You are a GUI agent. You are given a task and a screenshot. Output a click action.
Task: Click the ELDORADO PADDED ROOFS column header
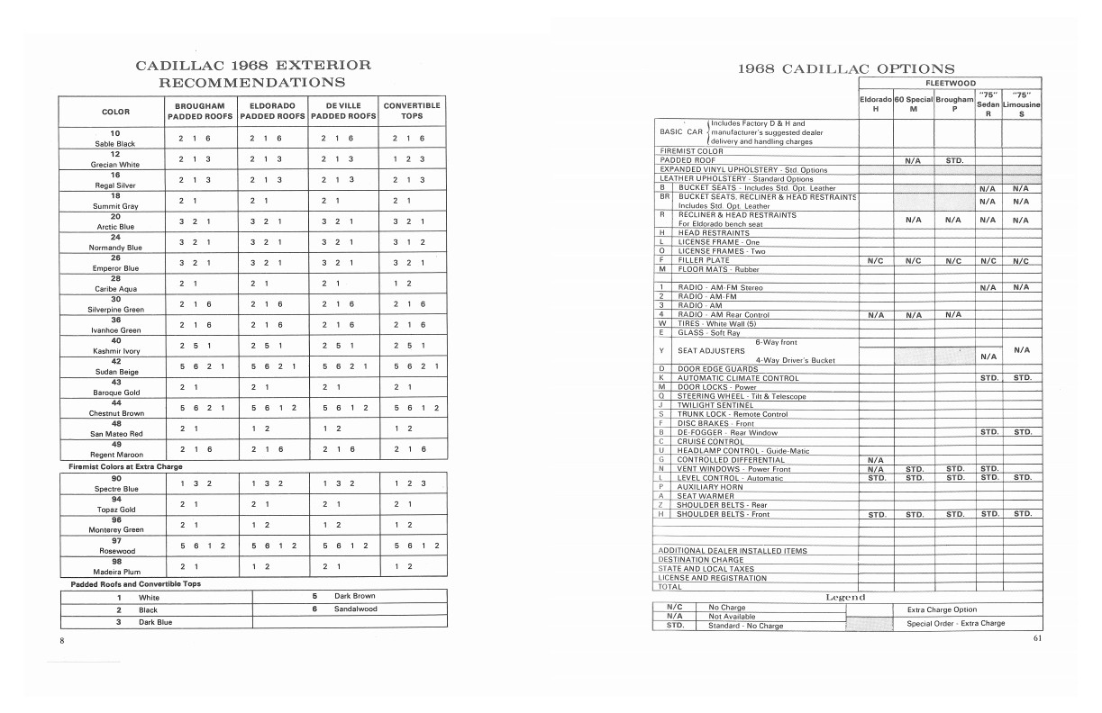tap(273, 111)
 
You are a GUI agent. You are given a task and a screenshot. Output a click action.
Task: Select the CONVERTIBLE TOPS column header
tap(412, 111)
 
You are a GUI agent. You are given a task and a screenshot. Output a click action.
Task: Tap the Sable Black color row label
tap(114, 143)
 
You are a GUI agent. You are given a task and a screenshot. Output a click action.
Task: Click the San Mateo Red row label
tap(114, 433)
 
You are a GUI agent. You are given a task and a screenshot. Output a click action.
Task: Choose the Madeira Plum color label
tap(114, 572)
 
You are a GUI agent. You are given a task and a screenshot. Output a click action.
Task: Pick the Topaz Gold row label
tap(114, 509)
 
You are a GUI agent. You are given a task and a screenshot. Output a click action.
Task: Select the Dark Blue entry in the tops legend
tap(155, 622)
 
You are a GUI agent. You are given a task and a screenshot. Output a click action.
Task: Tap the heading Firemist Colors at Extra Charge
tap(126, 467)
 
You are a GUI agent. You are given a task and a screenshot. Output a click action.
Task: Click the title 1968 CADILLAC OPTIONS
tap(846, 69)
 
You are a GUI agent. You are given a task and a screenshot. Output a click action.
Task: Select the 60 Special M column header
tap(914, 104)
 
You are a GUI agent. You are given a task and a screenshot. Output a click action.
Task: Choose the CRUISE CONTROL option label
tap(711, 442)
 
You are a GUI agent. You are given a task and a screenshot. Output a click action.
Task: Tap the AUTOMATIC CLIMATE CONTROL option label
tap(738, 378)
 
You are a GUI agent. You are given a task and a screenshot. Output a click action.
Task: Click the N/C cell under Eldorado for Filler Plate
tap(876, 260)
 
